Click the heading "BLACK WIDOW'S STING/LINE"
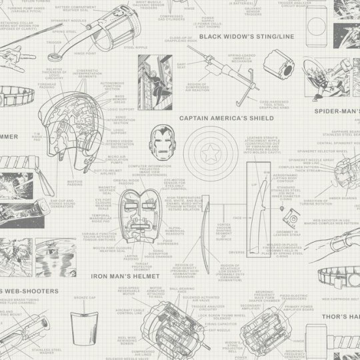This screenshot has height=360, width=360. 246,37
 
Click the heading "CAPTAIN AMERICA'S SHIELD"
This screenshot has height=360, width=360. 227,118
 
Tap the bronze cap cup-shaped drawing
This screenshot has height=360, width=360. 86,319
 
